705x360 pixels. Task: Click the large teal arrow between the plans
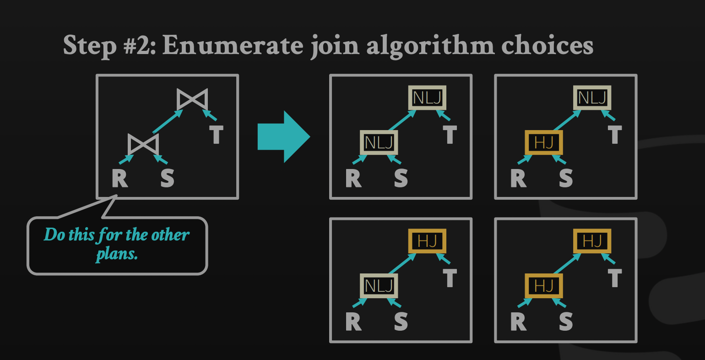(x=284, y=136)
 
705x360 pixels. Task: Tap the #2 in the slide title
(x=140, y=45)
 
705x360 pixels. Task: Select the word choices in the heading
(x=547, y=45)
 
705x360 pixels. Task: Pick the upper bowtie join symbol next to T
(x=192, y=99)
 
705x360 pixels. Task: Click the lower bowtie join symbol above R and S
(x=143, y=144)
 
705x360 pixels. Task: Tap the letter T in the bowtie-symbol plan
(x=216, y=135)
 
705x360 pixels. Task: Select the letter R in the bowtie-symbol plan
(x=120, y=178)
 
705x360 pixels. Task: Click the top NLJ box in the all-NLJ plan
(x=427, y=98)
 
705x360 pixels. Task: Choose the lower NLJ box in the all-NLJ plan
(x=379, y=142)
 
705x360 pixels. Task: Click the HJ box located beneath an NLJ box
(x=543, y=142)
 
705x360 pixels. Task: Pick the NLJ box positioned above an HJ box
(x=592, y=98)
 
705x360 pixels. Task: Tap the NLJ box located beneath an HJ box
(x=379, y=286)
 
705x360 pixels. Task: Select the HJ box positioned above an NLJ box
(x=427, y=241)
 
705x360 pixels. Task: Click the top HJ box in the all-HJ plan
(x=592, y=241)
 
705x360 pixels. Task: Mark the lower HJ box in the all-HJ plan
(x=543, y=286)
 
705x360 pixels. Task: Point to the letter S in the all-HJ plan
(x=566, y=322)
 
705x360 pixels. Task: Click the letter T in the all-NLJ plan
(x=450, y=135)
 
